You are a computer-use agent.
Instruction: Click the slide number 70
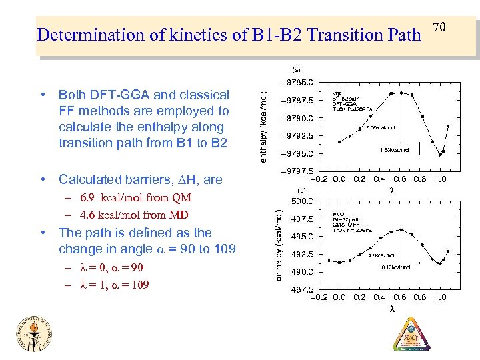click(439, 27)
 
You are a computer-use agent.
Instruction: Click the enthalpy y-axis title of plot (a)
click(264, 126)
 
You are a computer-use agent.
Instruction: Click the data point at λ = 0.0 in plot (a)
click(339, 141)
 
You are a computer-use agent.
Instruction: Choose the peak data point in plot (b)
click(401, 229)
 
